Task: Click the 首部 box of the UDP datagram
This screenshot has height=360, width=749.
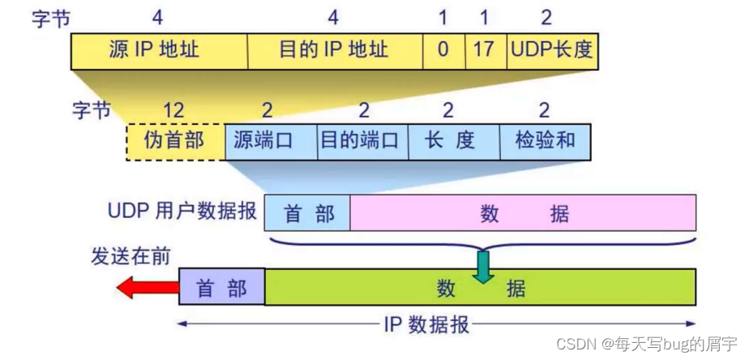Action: (307, 212)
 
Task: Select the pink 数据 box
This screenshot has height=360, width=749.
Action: (523, 212)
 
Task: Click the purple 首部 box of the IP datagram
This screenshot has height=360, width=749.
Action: (221, 287)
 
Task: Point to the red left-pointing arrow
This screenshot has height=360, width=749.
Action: (147, 287)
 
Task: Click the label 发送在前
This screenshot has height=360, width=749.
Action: (130, 256)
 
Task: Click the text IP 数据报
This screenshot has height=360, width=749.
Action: (425, 325)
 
